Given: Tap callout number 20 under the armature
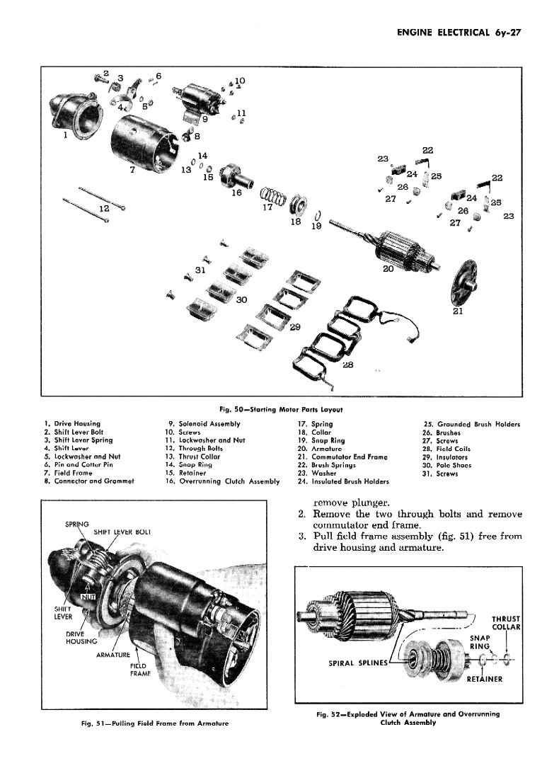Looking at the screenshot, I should coord(387,268).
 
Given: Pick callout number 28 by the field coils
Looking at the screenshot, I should coord(347,364).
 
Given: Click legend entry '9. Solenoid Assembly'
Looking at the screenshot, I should coord(202,424).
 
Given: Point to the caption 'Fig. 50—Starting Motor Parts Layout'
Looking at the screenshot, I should coord(281,409).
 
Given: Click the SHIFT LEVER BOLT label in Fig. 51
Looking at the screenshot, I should coord(122,531).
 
